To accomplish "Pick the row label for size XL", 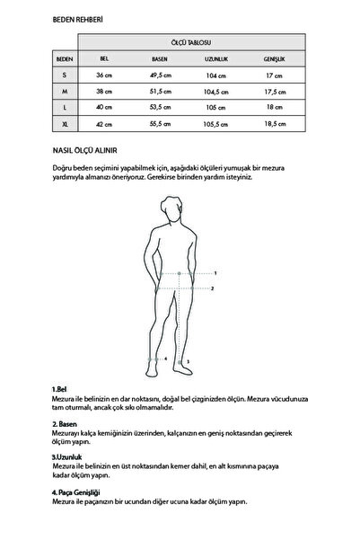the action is click(64, 123).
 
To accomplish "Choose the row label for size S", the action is click(64, 75).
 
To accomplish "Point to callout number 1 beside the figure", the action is click(215, 271).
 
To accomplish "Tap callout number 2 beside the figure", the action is click(212, 288).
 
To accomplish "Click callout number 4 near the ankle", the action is click(164, 358).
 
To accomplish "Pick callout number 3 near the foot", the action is click(188, 361).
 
